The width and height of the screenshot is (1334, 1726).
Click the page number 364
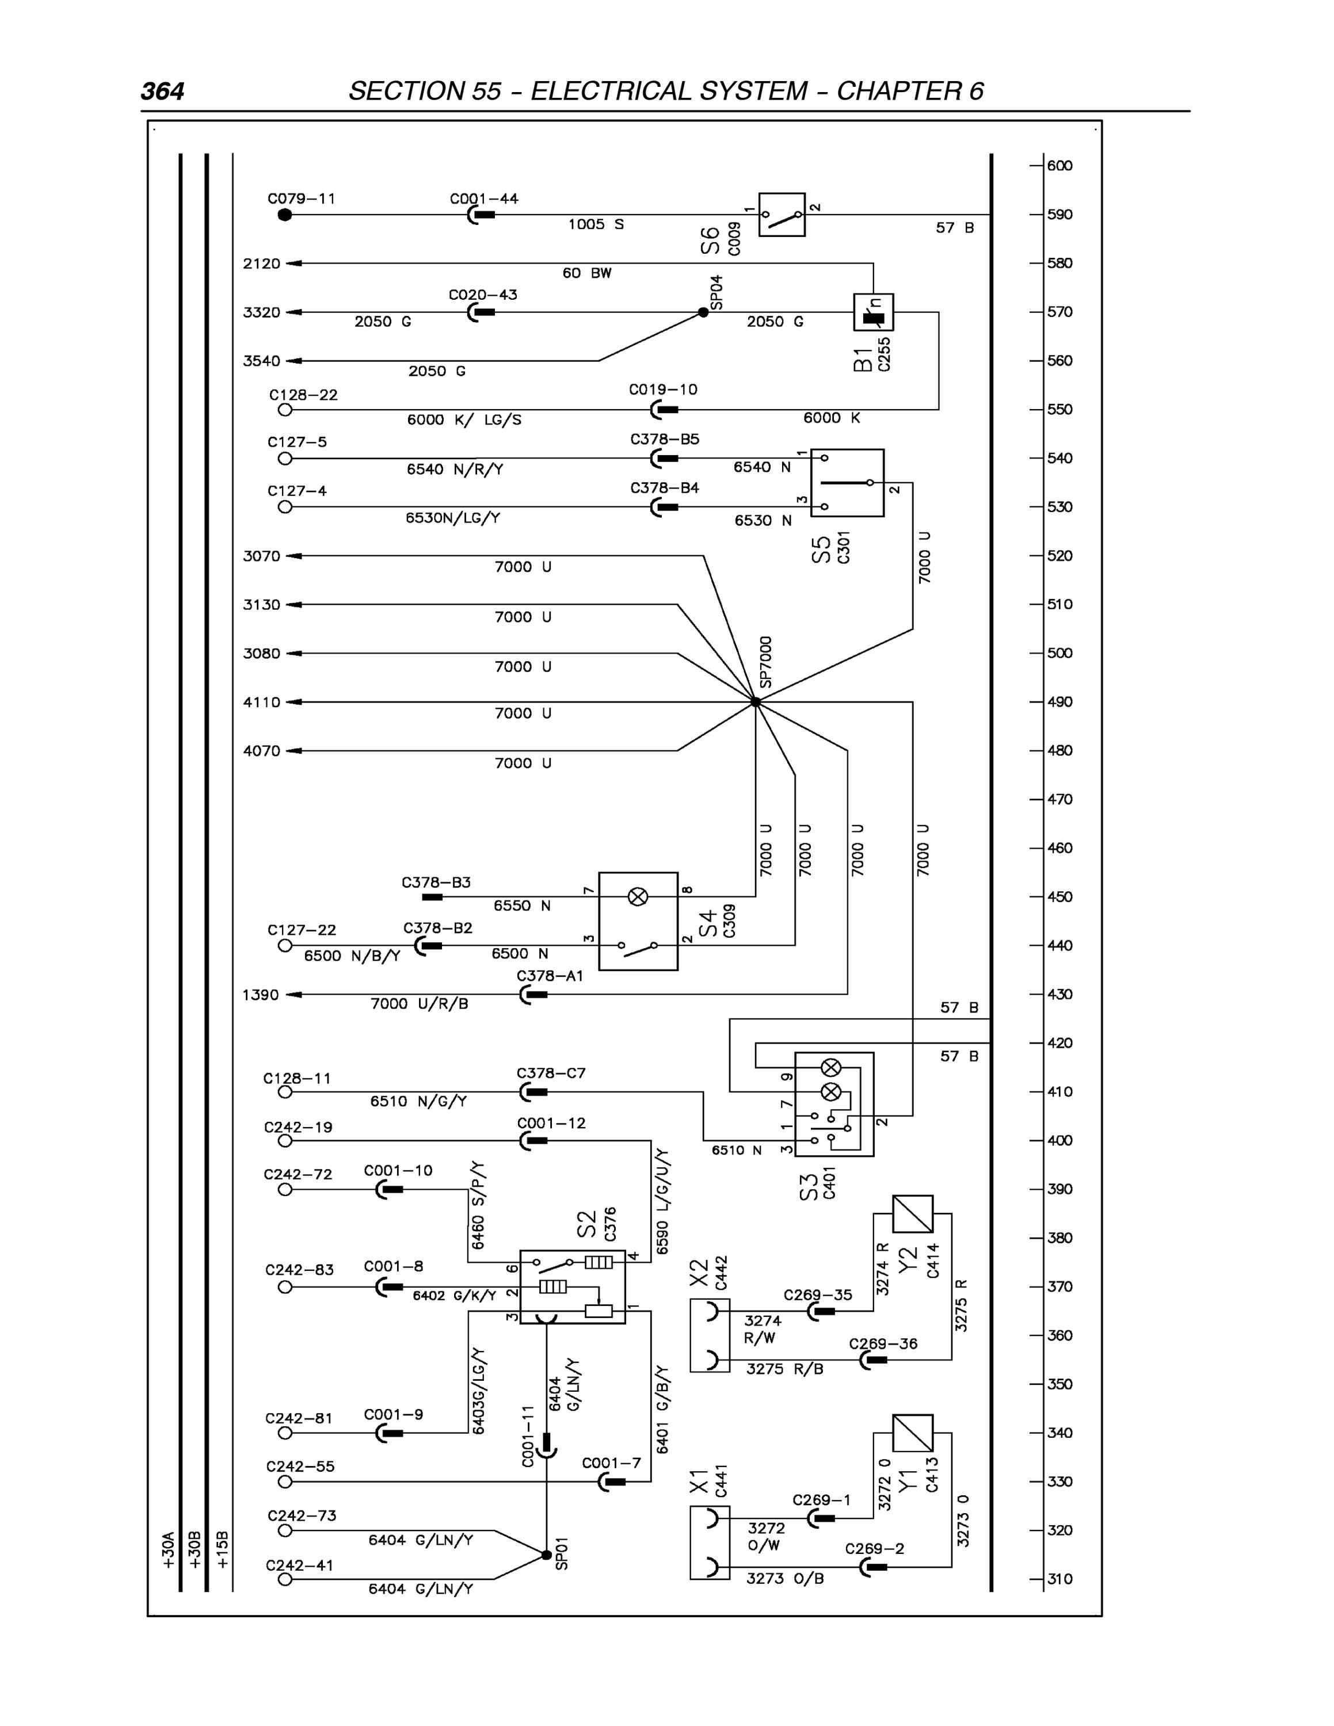click(x=163, y=91)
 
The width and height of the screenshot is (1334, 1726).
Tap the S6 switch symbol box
click(x=782, y=214)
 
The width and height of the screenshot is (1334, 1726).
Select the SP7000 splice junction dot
click(x=756, y=702)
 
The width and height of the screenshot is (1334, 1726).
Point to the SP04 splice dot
click(x=703, y=313)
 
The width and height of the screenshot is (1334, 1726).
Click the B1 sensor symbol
click(x=873, y=312)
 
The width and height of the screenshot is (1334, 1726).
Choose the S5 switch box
click(x=847, y=483)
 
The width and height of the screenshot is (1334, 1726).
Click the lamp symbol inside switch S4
click(x=638, y=896)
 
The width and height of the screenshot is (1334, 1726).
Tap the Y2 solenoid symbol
click(x=913, y=1214)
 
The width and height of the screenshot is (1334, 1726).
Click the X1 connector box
click(x=710, y=1542)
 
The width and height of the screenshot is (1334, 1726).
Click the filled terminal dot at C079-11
click(x=285, y=215)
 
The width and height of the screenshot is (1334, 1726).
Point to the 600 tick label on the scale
click(x=1059, y=166)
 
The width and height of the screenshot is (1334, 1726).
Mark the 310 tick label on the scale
click(x=1059, y=1580)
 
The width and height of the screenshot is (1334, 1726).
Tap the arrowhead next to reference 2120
click(x=293, y=263)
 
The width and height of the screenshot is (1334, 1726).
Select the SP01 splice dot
click(x=546, y=1555)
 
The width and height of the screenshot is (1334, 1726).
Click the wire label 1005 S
click(x=596, y=224)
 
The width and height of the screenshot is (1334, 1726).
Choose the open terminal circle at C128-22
click(x=285, y=410)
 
